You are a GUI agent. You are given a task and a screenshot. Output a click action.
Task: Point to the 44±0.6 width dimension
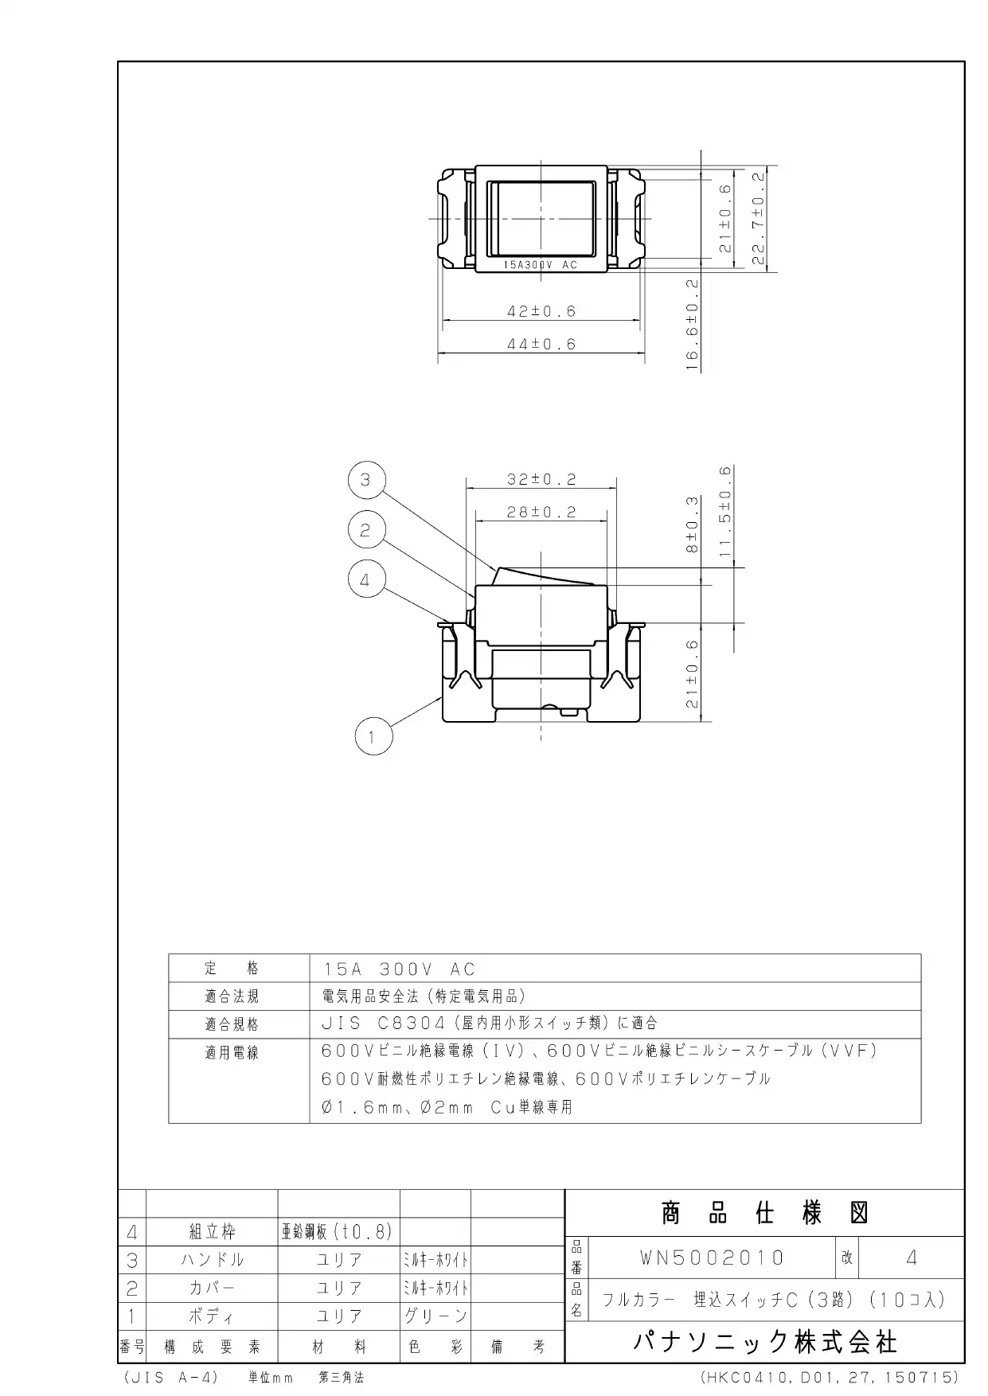click(541, 345)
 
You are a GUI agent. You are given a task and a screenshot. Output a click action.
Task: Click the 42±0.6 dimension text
click(541, 311)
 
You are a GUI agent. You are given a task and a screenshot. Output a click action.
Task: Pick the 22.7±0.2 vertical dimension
click(758, 218)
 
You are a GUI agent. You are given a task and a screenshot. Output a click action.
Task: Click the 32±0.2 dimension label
click(541, 479)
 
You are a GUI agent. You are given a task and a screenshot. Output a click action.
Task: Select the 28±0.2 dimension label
click(541, 513)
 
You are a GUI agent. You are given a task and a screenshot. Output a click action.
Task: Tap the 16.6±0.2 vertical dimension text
click(692, 325)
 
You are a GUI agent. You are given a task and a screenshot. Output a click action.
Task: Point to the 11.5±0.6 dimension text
click(725, 512)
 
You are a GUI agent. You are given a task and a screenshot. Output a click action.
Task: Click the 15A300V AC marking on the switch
click(541, 265)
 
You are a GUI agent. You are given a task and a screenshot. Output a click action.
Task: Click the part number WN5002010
click(712, 1258)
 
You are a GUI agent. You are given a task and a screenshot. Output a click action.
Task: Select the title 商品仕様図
click(764, 1214)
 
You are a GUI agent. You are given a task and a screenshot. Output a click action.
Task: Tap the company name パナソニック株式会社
click(765, 1343)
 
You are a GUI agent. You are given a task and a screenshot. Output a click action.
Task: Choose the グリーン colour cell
click(435, 1316)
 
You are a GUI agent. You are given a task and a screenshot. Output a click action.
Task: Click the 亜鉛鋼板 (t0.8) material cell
click(338, 1232)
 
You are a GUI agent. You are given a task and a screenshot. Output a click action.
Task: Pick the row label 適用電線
click(232, 1053)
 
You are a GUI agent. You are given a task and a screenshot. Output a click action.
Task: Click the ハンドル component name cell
click(212, 1260)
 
